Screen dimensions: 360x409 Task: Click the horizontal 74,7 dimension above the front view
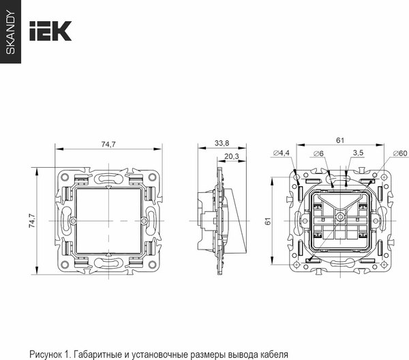108,144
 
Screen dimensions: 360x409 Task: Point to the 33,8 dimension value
222,144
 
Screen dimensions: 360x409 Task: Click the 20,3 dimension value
231,157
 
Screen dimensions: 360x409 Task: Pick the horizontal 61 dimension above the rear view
339,140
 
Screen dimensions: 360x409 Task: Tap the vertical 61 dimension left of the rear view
268,221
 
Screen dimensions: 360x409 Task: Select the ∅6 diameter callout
318,153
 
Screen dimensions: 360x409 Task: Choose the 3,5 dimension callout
358,153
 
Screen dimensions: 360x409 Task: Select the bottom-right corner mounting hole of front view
155,267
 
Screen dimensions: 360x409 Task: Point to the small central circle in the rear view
338,220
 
